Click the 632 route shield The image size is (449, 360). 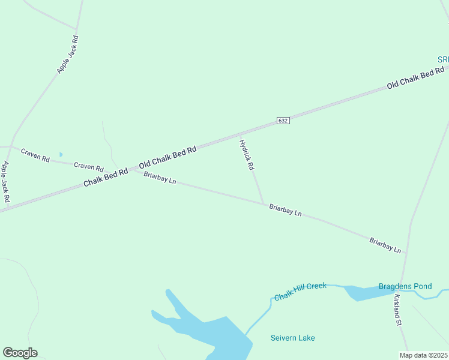(x=283, y=121)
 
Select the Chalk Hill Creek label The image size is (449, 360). (x=300, y=292)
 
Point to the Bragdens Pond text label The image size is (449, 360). (x=405, y=286)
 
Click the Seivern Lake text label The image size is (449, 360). (x=292, y=338)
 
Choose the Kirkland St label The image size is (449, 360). (x=397, y=310)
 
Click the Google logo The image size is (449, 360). (x=20, y=353)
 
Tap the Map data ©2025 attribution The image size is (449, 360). (x=424, y=355)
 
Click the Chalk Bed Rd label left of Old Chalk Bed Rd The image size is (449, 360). (x=106, y=177)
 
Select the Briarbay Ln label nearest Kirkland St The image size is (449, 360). (x=385, y=245)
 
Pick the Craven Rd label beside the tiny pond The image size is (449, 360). (x=35, y=154)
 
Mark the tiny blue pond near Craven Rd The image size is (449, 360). (x=61, y=154)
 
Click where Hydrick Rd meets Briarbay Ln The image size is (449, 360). (x=264, y=204)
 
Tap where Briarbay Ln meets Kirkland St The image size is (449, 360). (x=406, y=253)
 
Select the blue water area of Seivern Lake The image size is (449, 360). (x=222, y=336)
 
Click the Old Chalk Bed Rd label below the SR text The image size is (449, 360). (x=415, y=79)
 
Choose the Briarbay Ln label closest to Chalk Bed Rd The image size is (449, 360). (x=160, y=178)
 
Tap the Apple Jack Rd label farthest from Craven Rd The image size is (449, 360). (x=68, y=55)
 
